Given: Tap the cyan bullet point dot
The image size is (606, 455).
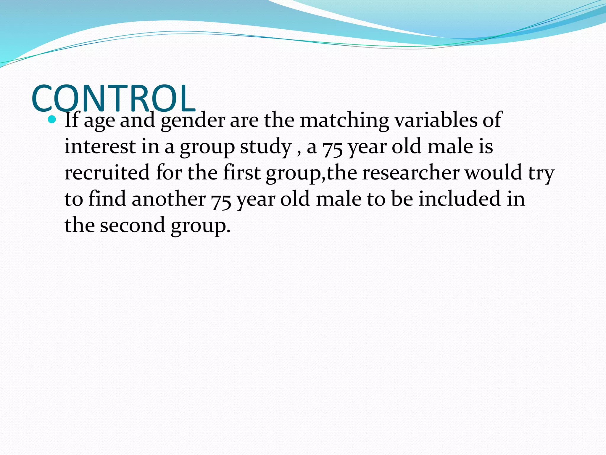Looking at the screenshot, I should (x=52, y=119).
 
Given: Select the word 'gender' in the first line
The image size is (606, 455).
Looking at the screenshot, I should (x=193, y=120).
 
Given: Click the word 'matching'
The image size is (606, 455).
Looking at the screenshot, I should (x=344, y=120).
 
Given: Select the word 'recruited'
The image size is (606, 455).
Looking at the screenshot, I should (x=107, y=172).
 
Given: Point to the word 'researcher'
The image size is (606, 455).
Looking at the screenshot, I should (x=411, y=172).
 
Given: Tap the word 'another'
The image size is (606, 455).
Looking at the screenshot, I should (x=168, y=199).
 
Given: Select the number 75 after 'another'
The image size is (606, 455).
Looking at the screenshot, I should (x=221, y=200).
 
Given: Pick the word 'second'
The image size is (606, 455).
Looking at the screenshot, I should (x=132, y=225).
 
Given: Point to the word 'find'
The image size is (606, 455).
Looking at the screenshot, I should (x=107, y=199).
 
